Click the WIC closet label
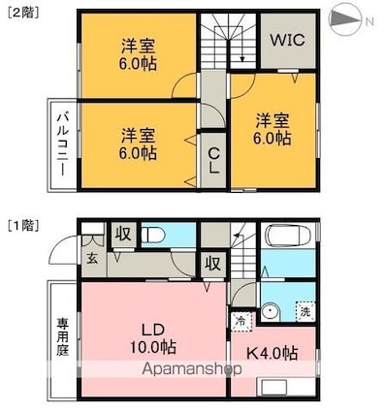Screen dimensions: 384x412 point(288,40)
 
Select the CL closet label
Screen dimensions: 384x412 point(213,161)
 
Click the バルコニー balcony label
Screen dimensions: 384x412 point(63,143)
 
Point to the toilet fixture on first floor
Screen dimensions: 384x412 point(152,235)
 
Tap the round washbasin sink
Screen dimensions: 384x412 point(271,312)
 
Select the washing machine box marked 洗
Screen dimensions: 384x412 point(305,311)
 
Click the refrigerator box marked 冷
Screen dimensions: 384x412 point(241,322)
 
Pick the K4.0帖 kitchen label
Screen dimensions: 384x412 point(272,353)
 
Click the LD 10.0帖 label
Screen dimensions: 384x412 point(153,339)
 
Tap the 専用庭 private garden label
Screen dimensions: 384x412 point(63,336)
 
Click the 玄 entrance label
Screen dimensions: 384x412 point(92,259)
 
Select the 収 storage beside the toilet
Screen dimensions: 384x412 point(123,234)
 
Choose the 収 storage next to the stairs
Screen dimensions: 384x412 point(212,264)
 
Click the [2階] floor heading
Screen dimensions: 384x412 point(23,13)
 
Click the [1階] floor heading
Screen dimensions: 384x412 point(23,225)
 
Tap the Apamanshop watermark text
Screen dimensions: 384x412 point(192,369)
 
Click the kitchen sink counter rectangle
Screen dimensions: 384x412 point(274,387)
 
